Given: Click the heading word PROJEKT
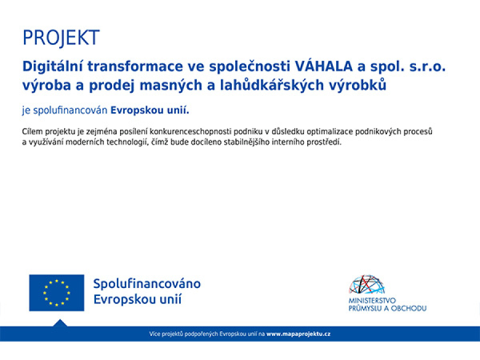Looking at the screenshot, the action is coord(62,38).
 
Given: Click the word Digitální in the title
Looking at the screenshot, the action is coord(52,66).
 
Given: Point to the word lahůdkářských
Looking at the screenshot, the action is coord(272,85).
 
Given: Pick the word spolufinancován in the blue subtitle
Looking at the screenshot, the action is coord(70,110).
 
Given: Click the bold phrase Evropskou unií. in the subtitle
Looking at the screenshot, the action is coord(150,110).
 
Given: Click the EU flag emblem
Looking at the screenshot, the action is coord(57,293).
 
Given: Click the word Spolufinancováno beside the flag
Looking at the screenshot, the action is coord(147,284).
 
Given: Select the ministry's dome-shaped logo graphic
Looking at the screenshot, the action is coord(366,285).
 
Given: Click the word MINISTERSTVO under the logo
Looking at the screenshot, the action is coord(372,301).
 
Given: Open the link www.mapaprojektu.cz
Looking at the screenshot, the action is coord(298,334).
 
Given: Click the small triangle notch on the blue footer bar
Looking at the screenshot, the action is coord(60,323).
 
